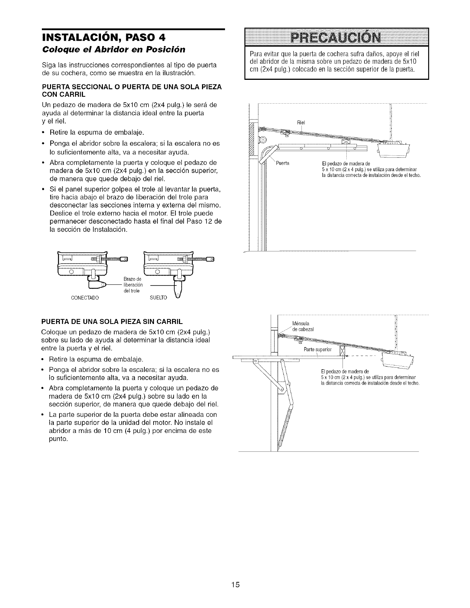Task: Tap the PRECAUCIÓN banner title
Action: [336, 38]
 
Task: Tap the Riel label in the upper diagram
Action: [301, 122]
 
